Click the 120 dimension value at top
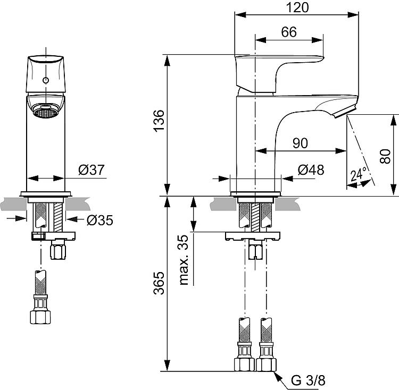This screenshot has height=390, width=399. point(297,7)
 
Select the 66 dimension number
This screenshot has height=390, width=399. point(289,32)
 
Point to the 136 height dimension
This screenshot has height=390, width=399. point(159,121)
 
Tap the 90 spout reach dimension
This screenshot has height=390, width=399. point(300,143)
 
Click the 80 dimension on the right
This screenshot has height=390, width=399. point(385,156)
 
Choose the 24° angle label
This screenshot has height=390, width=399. point(359,174)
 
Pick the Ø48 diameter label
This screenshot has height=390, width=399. point(311,169)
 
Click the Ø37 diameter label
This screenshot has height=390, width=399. point(92,169)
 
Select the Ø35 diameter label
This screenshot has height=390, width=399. point(100,221)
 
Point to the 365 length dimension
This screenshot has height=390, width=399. point(159,283)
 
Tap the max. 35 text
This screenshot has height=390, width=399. point(184,260)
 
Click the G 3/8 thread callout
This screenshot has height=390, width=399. point(308,380)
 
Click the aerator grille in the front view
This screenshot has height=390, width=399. point(46,113)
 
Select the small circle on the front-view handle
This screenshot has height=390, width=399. point(46,81)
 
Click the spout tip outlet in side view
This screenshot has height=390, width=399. point(344,112)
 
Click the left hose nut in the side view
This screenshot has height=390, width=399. point(244,364)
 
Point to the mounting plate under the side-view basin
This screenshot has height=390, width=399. point(253,236)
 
